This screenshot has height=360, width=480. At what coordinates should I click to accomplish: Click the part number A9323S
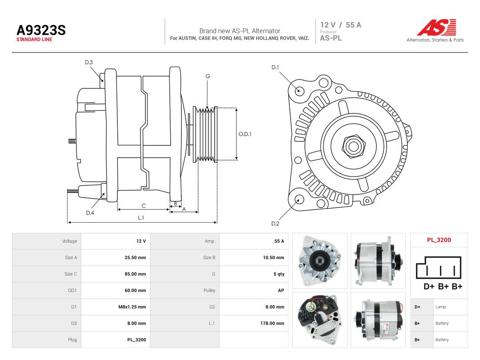point(41,30)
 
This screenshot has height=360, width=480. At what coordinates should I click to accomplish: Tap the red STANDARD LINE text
point(34,40)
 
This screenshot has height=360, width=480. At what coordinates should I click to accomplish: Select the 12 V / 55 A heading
point(341,25)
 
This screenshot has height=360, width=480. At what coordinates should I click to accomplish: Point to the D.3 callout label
point(89,63)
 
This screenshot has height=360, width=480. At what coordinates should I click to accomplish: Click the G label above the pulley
point(208,76)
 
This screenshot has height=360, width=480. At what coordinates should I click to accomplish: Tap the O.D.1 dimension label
point(245,134)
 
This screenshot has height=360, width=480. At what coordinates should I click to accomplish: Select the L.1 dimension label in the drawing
point(141,218)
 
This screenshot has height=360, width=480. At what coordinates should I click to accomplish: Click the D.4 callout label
point(90,213)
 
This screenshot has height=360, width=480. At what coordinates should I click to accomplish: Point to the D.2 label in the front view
point(275,224)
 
